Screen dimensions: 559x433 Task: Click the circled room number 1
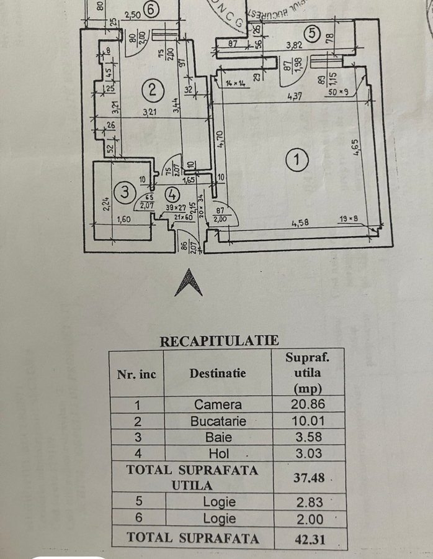(x=298, y=160)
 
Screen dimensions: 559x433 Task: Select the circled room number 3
(x=125, y=193)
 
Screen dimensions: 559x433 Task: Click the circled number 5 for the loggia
(x=313, y=32)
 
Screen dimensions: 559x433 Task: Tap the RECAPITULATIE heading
(x=219, y=341)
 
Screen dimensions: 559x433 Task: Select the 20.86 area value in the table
(x=310, y=404)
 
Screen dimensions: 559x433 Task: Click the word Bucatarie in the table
(x=218, y=421)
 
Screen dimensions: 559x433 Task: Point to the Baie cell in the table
(x=218, y=437)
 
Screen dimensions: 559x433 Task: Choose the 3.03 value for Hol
(x=310, y=453)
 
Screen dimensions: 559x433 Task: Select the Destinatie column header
(x=218, y=373)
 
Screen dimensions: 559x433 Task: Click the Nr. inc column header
(x=136, y=374)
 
